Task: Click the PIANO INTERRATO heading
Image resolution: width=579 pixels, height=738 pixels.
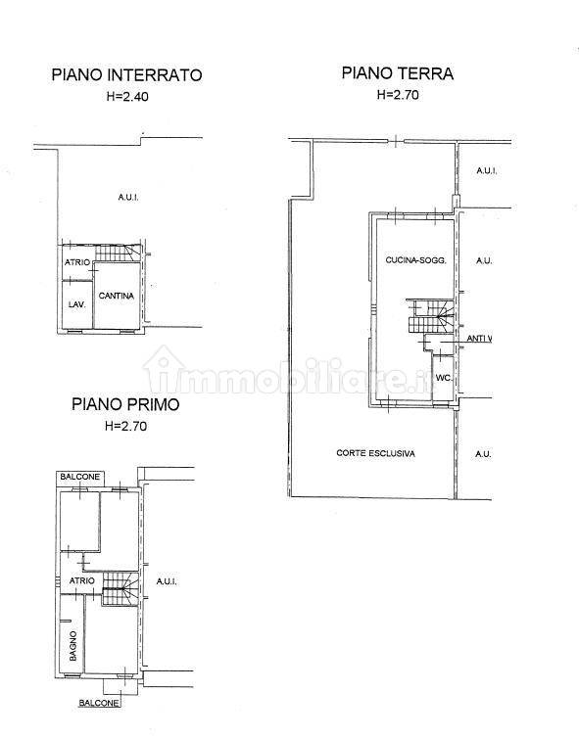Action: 126,75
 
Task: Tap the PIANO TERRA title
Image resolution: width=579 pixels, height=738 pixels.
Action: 397,73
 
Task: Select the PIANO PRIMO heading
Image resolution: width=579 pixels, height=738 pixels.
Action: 125,404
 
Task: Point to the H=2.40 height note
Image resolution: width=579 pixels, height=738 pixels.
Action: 127,97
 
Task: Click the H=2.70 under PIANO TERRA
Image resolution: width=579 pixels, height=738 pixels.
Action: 398,95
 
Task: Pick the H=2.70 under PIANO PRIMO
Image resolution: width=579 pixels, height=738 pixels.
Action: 125,426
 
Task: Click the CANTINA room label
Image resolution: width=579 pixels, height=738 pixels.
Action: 117,296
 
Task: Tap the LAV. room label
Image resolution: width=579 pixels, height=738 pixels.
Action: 76,304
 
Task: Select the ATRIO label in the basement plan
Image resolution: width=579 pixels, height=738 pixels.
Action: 76,262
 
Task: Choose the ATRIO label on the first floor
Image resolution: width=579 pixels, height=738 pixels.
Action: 82,580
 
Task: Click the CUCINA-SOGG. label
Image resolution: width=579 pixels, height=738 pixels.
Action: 415,259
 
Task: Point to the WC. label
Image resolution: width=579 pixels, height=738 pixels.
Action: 444,378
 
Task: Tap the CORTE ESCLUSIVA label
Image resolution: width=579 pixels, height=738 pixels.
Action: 375,453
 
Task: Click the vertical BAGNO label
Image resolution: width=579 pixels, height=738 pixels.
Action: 73,646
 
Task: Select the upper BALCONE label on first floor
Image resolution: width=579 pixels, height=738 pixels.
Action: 80,477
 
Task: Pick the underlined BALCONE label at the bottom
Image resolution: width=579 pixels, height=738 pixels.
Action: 99,703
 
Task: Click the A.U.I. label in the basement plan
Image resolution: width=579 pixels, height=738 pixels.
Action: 128,197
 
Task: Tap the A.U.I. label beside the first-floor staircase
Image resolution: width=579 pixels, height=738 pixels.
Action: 167,581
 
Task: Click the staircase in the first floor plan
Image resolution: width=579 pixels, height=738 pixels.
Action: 121,588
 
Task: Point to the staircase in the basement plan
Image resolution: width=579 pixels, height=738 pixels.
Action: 119,254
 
